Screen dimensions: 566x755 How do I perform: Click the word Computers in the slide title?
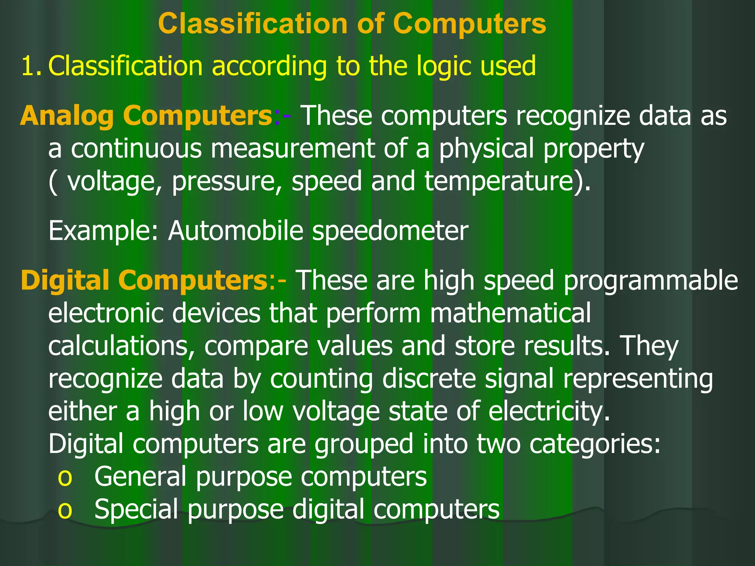(x=469, y=24)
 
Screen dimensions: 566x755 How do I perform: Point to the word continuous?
(x=136, y=149)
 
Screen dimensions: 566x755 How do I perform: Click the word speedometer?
(x=390, y=231)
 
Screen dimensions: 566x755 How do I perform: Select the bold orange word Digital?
(x=65, y=280)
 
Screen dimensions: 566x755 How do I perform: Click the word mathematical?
(x=510, y=313)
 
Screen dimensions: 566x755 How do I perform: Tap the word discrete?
(x=429, y=378)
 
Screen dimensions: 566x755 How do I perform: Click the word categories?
(x=595, y=444)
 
